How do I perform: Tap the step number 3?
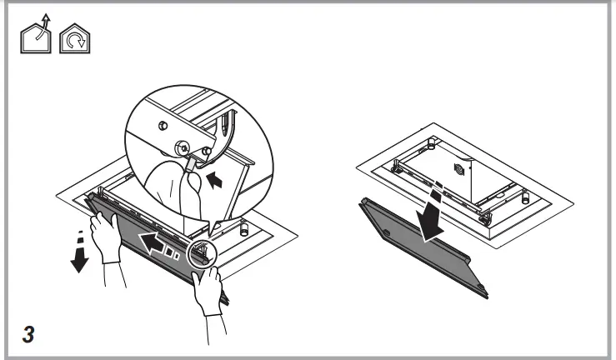(28, 332)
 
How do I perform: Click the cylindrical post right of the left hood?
(245, 227)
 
